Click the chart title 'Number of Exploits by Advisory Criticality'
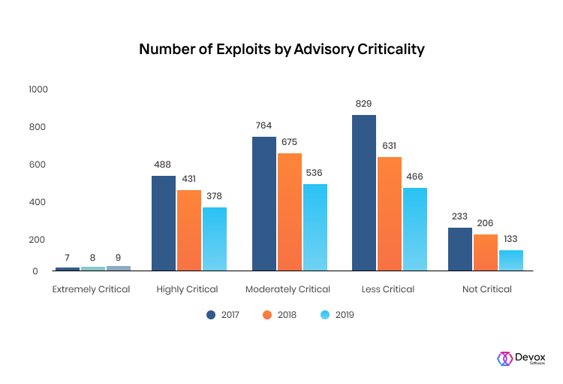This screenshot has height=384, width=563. coord(281,50)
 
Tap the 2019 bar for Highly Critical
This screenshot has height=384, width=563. coord(214,239)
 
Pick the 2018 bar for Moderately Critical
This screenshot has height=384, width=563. coord(289,212)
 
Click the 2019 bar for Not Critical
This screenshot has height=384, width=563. coord(511,260)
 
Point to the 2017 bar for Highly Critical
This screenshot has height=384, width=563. coord(164,223)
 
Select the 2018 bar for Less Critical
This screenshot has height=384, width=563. coord(389,213)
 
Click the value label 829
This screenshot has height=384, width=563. coord(364,104)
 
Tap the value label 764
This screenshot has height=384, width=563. coord(263,125)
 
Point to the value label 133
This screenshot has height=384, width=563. coord(511,239)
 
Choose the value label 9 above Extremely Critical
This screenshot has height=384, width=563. coord(118,258)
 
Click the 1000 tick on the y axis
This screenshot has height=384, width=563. coord(38,89)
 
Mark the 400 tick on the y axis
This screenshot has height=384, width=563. coord(39,202)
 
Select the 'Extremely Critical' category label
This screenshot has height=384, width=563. coord(91,289)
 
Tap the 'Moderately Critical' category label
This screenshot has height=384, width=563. coord(288,289)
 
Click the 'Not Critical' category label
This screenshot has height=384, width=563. coord(486,289)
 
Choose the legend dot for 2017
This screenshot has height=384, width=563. coord(211,315)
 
